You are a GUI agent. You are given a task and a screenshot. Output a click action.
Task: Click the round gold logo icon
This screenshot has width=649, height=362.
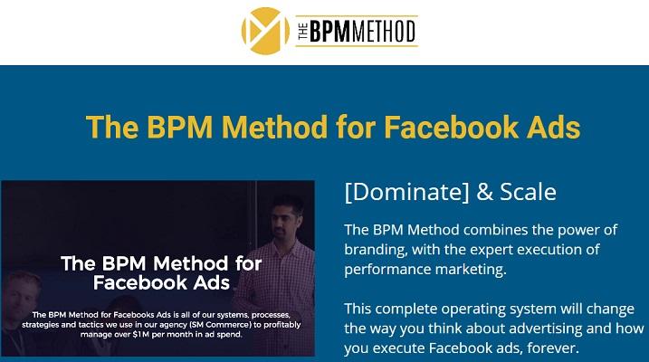click(260, 31)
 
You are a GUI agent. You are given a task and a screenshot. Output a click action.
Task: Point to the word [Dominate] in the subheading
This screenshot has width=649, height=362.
click(401, 193)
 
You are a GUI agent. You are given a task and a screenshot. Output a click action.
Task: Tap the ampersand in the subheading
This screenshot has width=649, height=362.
click(472, 193)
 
